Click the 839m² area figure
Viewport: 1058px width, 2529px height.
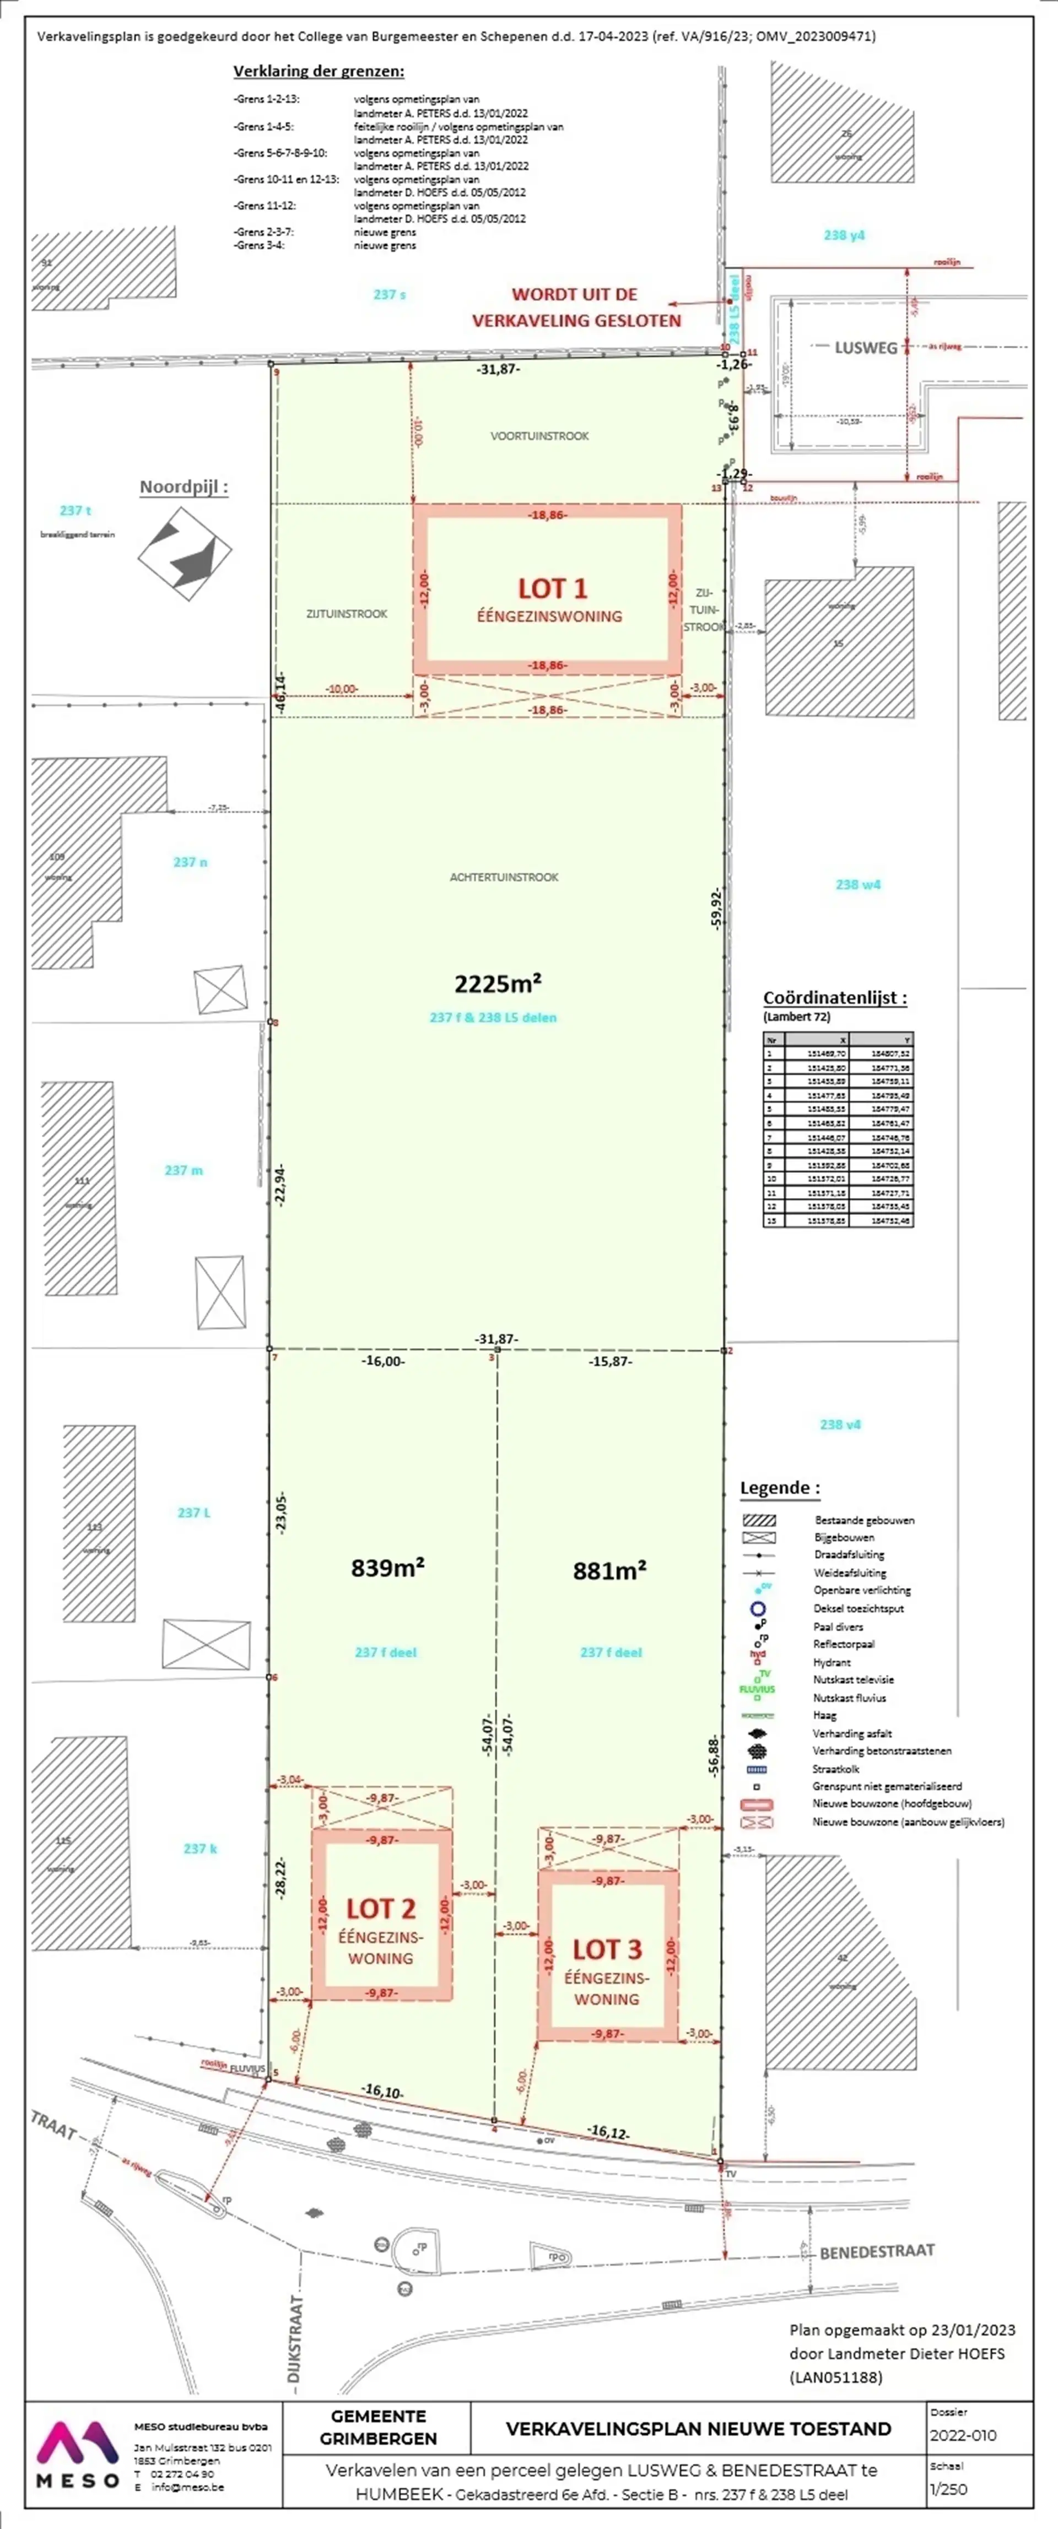click(x=388, y=1568)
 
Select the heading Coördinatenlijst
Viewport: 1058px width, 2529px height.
click(x=834, y=997)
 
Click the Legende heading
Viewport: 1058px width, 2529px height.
click(x=779, y=1487)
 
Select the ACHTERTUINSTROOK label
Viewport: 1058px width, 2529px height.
click(x=504, y=877)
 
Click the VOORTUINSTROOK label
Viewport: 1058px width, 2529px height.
click(x=540, y=436)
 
